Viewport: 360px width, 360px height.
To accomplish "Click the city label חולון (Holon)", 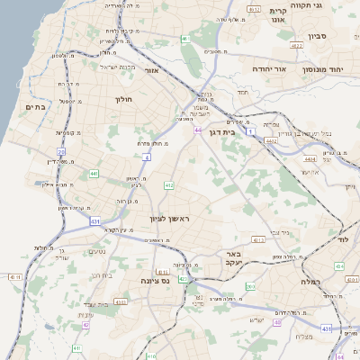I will tap(123, 100).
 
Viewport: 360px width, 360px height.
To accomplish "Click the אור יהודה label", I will tap(267, 68).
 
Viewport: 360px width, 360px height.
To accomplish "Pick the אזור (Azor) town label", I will tap(151, 70).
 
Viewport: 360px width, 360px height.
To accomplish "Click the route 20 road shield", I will tap(62, 152).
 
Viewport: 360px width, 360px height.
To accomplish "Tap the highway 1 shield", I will tap(253, 132).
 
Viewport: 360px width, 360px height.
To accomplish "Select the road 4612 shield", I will tap(255, 10).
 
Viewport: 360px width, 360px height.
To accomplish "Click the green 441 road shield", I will tap(94, 173).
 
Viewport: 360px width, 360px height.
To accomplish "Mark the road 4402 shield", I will tap(271, 139).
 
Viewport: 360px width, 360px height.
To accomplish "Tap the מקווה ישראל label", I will tap(116, 66).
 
